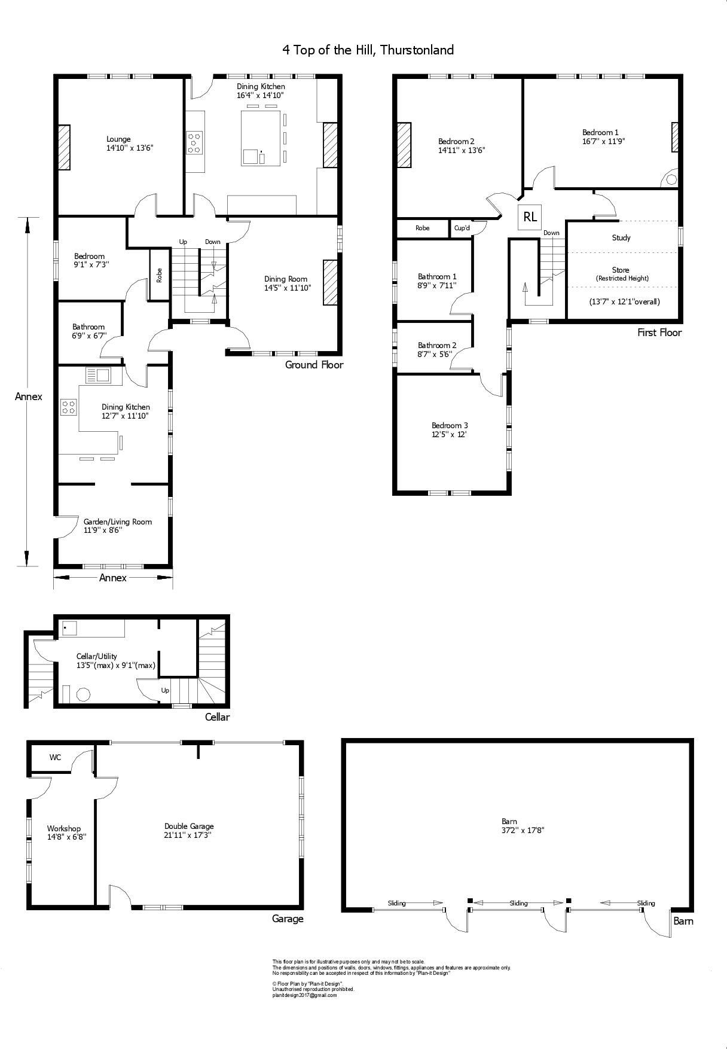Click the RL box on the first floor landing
[x=530, y=216]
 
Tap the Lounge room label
[x=118, y=139]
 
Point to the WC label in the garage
[x=55, y=757]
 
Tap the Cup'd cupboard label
[x=462, y=228]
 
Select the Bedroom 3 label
[x=450, y=426]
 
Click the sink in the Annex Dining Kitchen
[x=98, y=376]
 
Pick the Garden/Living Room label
[x=117, y=522]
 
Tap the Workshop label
[x=64, y=828]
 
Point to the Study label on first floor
[x=621, y=237]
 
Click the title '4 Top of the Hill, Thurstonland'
[x=368, y=50]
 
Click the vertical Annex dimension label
[x=29, y=397]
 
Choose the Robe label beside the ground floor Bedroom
[x=159, y=275]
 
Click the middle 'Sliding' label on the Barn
[x=518, y=903]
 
